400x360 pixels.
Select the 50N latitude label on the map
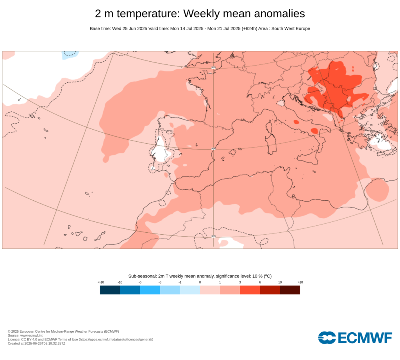click(213, 68)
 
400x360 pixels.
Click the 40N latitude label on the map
click(213, 149)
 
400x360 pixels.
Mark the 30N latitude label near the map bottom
click(213, 236)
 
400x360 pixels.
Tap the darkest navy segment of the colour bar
click(110, 290)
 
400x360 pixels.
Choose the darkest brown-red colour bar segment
click(290, 290)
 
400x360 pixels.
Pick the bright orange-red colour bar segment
click(250, 290)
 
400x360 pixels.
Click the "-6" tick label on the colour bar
click(140, 282)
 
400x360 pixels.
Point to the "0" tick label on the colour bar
click(200, 282)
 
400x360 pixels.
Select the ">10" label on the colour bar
click(300, 282)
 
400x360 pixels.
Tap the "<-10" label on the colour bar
click(100, 282)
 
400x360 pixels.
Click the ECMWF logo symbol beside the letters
click(327, 338)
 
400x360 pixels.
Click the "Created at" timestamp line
click(36, 343)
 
